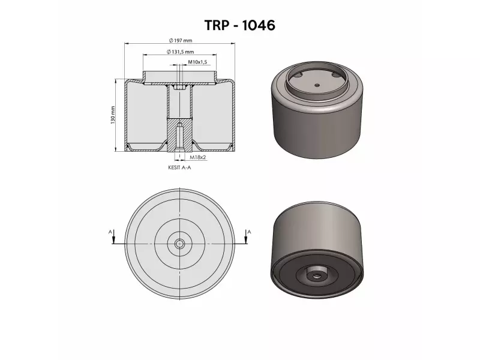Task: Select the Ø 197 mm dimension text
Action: tap(180, 40)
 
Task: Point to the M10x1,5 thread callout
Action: tap(197, 62)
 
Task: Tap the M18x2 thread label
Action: tap(197, 157)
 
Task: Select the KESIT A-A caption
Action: tap(180, 169)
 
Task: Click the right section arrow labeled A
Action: tap(247, 237)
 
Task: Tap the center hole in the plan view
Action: tap(180, 244)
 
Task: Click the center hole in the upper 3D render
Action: tap(317, 86)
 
